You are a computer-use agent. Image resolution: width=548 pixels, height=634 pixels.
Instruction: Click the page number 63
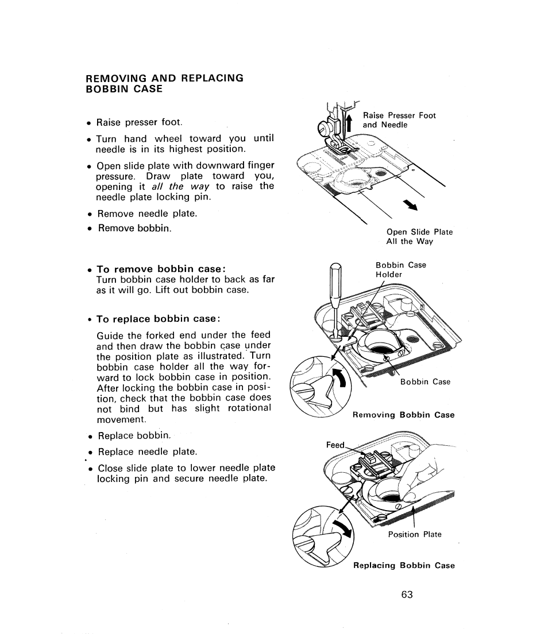click(407, 594)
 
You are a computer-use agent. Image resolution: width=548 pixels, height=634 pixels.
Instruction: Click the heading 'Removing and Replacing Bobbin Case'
click(164, 83)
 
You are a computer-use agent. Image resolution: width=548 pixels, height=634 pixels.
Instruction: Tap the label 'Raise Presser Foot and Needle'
click(399, 120)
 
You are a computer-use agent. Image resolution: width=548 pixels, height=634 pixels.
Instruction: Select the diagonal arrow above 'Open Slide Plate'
click(410, 205)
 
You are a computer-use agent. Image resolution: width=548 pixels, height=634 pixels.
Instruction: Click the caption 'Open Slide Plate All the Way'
click(419, 236)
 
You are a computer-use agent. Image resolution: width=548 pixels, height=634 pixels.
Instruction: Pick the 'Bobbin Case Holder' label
click(400, 270)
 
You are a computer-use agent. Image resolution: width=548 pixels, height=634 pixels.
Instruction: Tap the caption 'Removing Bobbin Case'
click(403, 415)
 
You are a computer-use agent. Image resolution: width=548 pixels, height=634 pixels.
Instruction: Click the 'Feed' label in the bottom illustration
click(335, 445)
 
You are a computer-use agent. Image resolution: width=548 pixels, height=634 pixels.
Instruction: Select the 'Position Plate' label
click(415, 534)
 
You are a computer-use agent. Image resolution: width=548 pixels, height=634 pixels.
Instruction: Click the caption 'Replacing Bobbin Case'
click(404, 565)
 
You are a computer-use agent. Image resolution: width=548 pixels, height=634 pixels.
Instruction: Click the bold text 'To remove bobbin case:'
click(160, 269)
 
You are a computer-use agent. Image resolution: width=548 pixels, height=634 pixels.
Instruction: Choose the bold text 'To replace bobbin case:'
click(158, 318)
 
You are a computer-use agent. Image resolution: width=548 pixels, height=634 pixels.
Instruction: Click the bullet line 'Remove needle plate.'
click(146, 213)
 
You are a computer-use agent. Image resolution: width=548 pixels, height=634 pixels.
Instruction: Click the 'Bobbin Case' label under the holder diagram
click(425, 382)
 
